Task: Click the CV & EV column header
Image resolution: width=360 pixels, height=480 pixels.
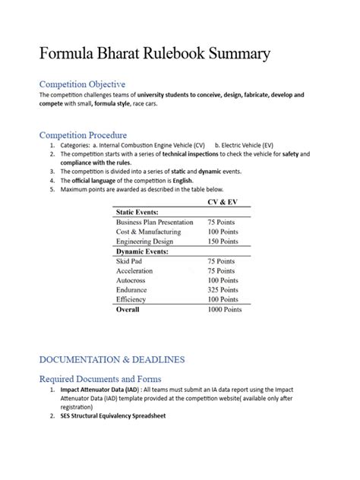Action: coord(223,203)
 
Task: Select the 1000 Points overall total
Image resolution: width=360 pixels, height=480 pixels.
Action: coord(225,310)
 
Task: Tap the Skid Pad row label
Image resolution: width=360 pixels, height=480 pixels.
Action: coord(130,261)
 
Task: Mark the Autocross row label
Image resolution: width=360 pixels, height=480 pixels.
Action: coord(133,280)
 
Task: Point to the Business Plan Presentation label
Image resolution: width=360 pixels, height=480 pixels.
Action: coord(156,222)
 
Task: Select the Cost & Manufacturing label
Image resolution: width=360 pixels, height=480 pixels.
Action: coord(148,231)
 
